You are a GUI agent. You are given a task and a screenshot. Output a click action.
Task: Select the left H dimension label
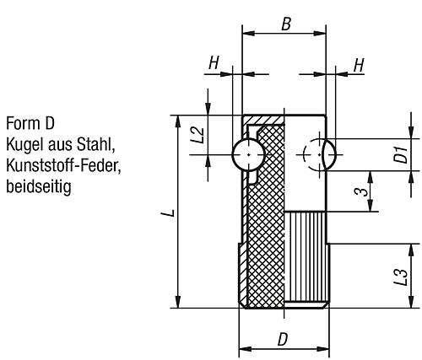[x=215, y=64]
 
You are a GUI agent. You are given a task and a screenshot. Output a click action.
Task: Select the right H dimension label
[x=358, y=64]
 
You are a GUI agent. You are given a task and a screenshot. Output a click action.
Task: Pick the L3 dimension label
[x=403, y=277]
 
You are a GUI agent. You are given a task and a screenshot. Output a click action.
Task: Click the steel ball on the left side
[x=246, y=153]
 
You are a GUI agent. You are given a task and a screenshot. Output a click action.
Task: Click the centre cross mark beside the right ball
[x=309, y=153]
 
